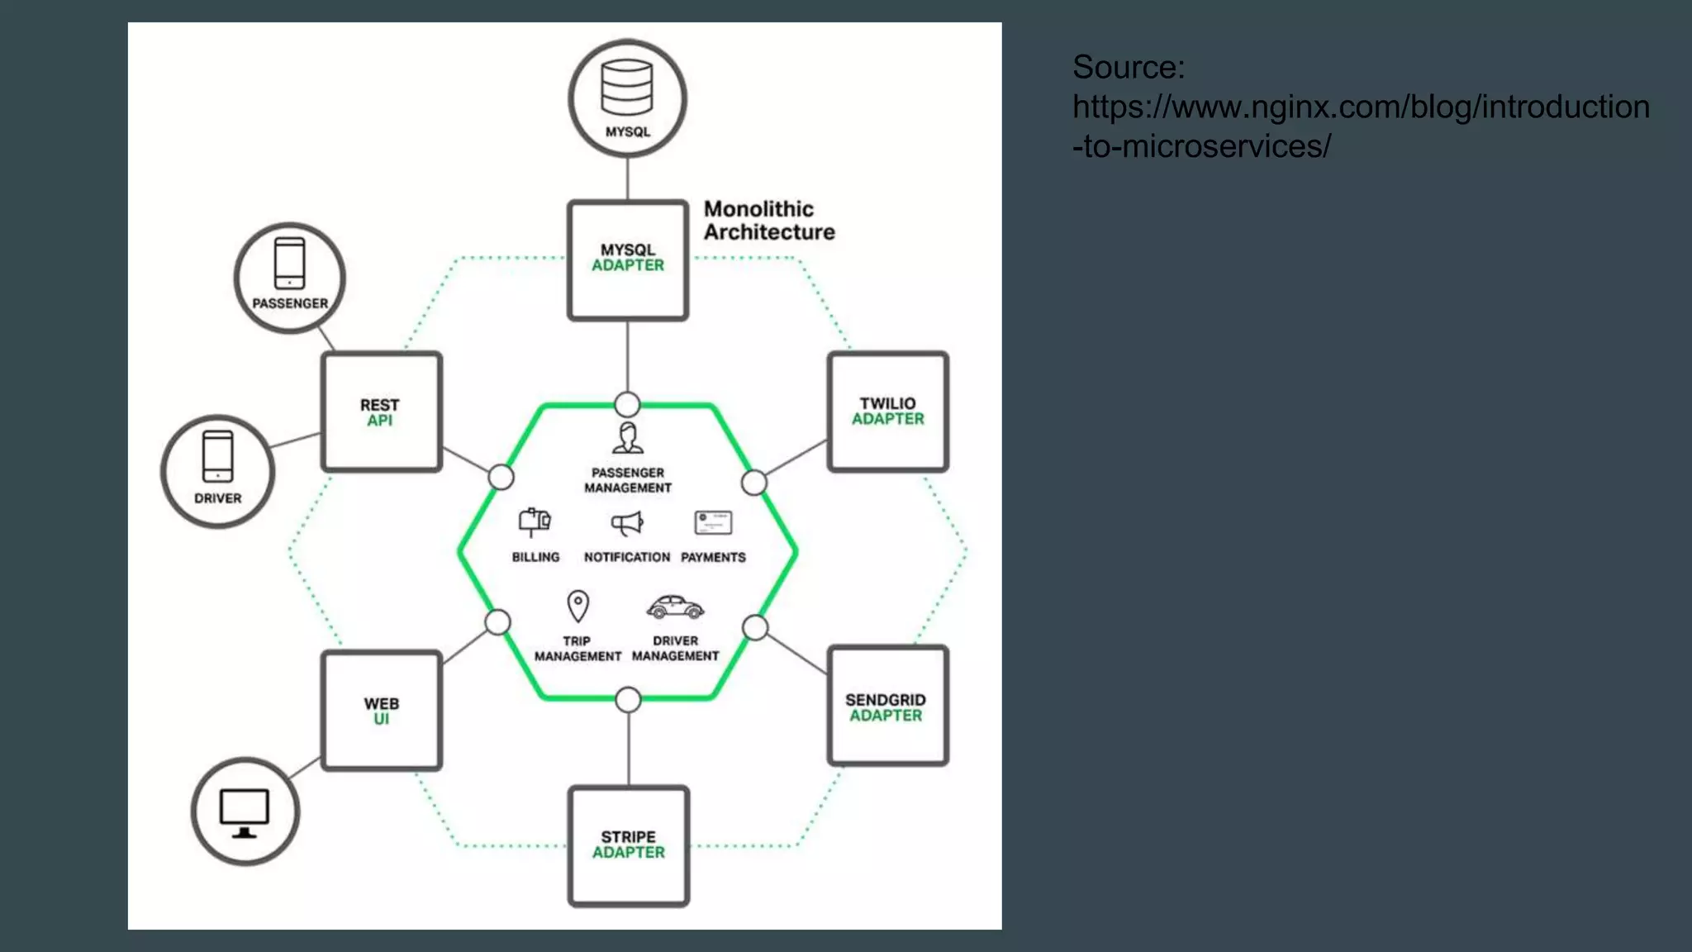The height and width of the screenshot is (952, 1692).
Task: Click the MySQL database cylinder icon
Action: tap(626, 87)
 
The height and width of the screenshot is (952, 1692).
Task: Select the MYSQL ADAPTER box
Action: tap(628, 259)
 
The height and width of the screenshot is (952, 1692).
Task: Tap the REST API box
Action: tap(381, 412)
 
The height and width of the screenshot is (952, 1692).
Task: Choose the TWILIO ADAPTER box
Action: tap(887, 412)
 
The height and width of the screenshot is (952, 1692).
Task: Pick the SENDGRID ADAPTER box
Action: tap(887, 706)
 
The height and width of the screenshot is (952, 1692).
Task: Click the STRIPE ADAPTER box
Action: tap(628, 845)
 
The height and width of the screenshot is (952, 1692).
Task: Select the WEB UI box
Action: tap(381, 711)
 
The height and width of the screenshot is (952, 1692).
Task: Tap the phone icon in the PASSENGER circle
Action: tap(289, 264)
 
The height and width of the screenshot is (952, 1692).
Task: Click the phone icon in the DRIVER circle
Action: tap(217, 456)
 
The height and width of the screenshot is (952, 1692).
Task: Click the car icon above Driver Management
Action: tap(675, 607)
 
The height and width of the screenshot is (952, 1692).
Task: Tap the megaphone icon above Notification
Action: tap(627, 523)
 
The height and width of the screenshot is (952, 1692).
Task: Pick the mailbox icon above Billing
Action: tap(535, 522)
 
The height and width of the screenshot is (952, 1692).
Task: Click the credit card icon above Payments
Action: tap(713, 523)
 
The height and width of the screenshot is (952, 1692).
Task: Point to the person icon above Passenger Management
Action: tap(628, 438)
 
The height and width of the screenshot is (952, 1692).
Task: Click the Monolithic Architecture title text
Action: tap(768, 221)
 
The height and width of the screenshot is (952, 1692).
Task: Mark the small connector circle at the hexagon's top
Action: tap(627, 404)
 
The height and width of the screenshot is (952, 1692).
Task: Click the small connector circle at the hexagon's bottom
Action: tap(628, 700)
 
